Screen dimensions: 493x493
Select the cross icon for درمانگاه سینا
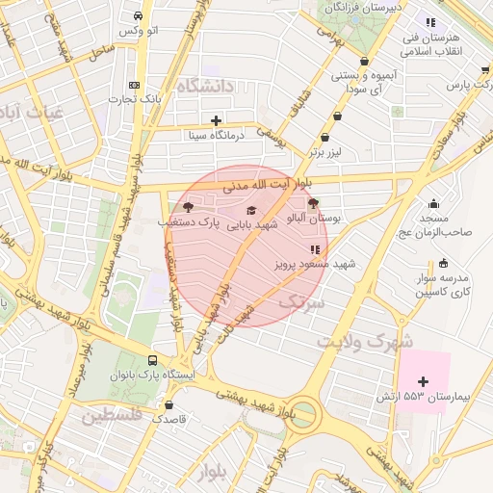[x=216, y=120]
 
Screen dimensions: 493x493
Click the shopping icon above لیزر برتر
[x=337, y=137]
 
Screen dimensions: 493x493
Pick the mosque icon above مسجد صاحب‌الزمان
[x=434, y=203]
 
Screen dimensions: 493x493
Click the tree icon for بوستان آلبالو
[x=313, y=203]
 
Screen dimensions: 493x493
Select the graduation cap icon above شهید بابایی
[x=251, y=210]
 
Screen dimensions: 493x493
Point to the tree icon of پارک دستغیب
[x=187, y=207]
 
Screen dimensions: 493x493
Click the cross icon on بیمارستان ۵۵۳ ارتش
[x=423, y=382]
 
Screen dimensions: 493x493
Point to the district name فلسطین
[x=112, y=416]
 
